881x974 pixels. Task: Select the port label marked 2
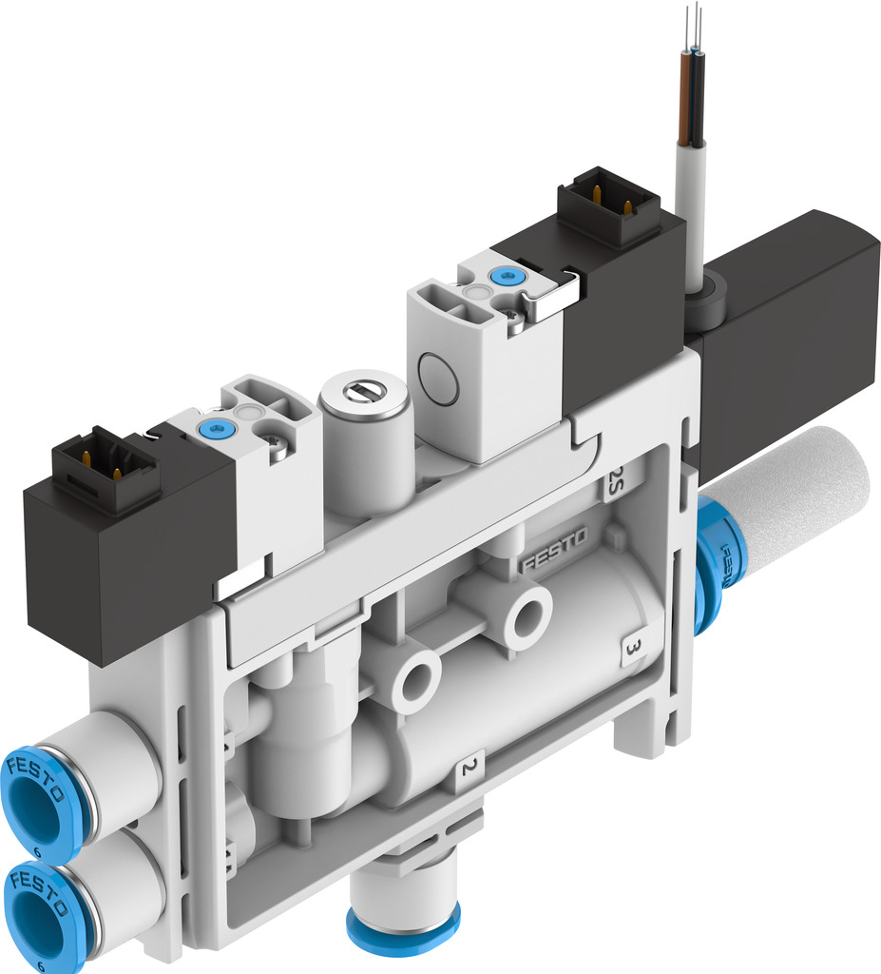coord(469,768)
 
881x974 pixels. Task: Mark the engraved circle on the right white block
coord(438,379)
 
